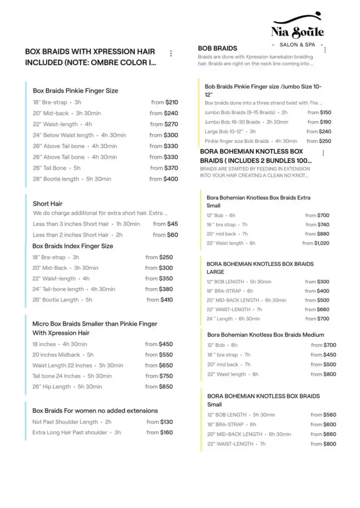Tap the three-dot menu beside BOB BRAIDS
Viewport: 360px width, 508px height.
[x=325, y=50]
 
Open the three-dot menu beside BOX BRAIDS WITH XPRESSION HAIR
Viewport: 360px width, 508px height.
[x=171, y=54]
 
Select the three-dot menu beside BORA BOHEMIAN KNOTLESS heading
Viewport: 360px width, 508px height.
[x=323, y=153]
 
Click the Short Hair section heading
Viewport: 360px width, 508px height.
[x=48, y=203]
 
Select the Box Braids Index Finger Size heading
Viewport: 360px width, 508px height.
[x=72, y=246]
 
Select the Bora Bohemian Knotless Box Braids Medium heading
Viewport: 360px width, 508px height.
[x=266, y=335]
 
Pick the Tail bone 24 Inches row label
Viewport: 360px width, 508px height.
[x=57, y=376]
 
